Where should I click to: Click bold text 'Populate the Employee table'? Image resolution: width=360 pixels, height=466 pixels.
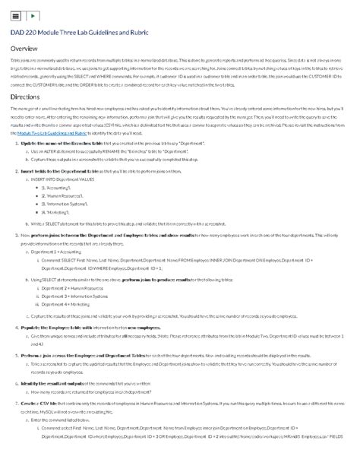tap(55, 327)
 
